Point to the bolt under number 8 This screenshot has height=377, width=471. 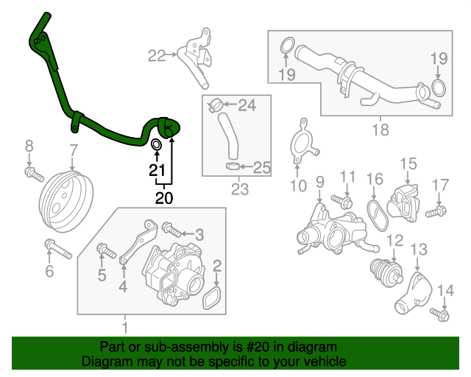(32, 174)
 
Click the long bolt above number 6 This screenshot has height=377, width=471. (57, 248)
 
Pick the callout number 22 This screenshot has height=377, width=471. (156, 54)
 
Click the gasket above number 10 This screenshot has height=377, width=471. (301, 144)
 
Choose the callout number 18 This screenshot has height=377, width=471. (380, 131)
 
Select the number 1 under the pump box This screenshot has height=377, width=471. (124, 326)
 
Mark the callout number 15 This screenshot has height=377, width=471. (408, 163)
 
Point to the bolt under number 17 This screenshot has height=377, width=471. (434, 212)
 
